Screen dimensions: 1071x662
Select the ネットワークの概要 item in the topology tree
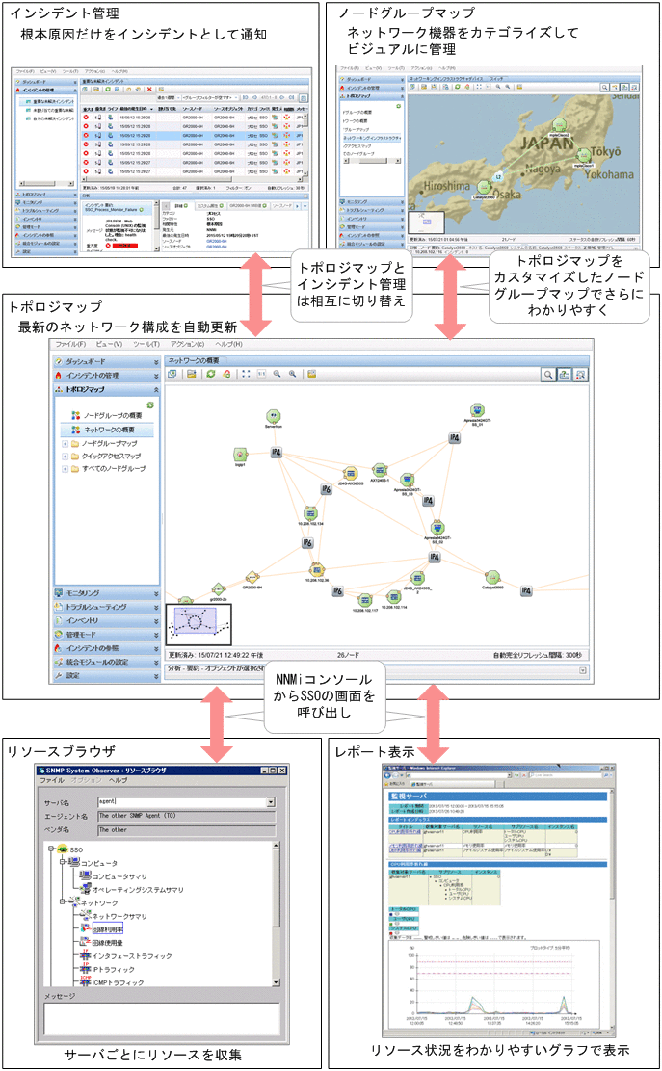pos(116,429)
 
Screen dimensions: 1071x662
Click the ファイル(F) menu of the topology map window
pos(70,344)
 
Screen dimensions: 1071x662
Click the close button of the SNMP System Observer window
pos(282,771)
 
